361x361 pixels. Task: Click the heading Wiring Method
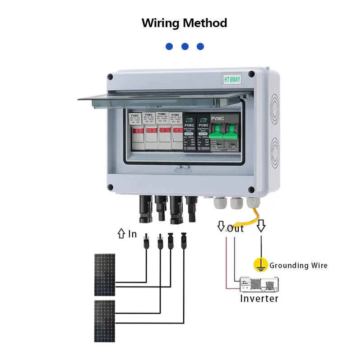184,23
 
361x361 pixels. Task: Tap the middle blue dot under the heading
185,46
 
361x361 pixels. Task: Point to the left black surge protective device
190,134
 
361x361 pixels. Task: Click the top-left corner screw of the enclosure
110,77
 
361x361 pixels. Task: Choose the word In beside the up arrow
132,234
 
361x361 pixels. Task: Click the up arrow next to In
121,234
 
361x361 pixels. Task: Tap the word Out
236,228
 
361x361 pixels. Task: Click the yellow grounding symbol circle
260,265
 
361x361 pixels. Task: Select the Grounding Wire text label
298,265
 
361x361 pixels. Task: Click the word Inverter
259,298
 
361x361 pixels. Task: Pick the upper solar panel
105,274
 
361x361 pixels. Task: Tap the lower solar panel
105,320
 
